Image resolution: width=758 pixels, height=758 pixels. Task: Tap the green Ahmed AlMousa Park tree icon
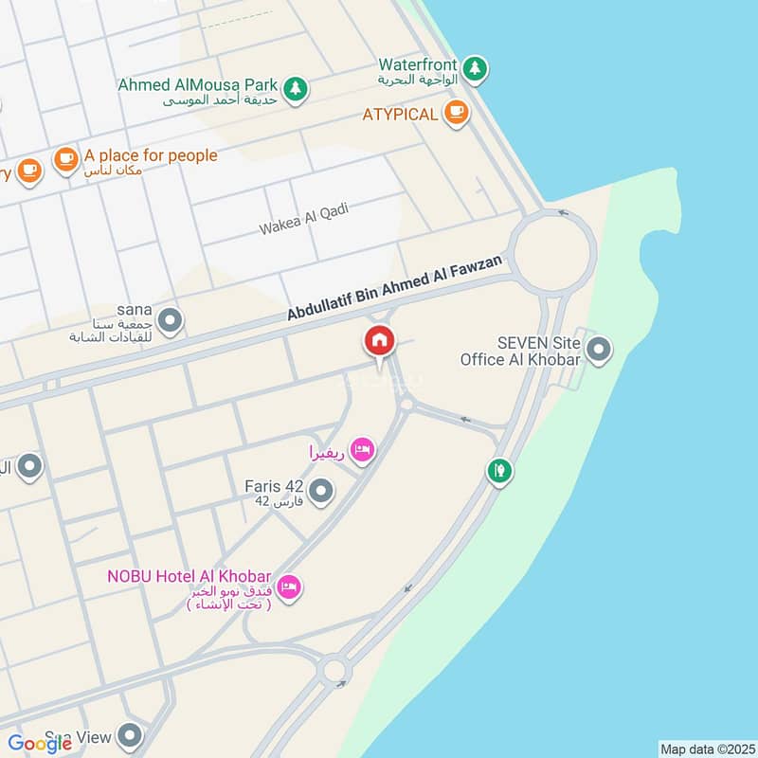tap(297, 87)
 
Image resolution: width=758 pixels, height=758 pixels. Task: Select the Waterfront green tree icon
tap(476, 67)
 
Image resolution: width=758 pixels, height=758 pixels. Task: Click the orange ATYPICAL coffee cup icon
tap(456, 113)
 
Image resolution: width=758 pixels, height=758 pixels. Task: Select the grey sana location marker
tap(171, 320)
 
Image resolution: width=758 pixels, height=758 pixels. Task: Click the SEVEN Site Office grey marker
tap(598, 351)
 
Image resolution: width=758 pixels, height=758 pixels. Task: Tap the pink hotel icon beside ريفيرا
tap(360, 449)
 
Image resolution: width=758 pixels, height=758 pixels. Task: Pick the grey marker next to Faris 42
tap(322, 491)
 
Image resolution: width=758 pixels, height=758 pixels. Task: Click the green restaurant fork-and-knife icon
tap(500, 469)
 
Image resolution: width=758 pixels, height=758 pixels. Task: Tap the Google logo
tap(41, 744)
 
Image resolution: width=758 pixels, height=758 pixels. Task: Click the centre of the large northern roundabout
tap(554, 251)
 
